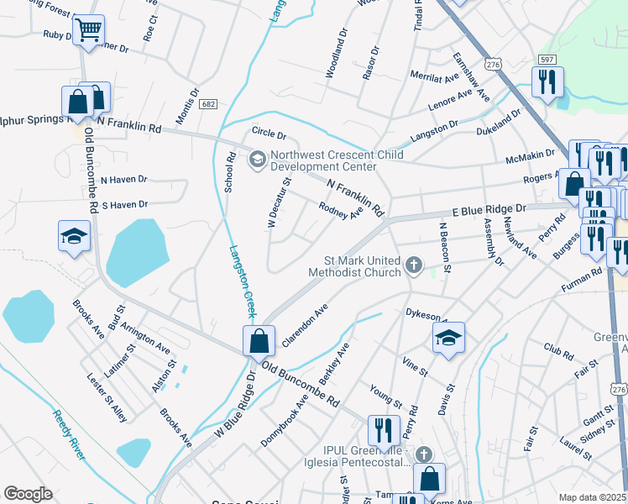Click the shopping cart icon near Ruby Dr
pyautogui.click(x=88, y=31)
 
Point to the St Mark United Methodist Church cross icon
pyautogui.click(x=412, y=266)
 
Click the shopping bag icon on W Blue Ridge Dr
pyautogui.click(x=259, y=341)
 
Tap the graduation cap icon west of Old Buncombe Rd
pyautogui.click(x=73, y=237)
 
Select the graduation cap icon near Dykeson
pyautogui.click(x=448, y=339)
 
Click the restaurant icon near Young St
pyautogui.click(x=384, y=430)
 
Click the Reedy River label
pyautogui.click(x=69, y=434)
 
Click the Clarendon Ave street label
pyautogui.click(x=304, y=328)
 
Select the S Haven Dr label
pyautogui.click(x=124, y=204)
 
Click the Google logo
pyautogui.click(x=28, y=494)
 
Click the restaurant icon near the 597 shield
pyautogui.click(x=547, y=83)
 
